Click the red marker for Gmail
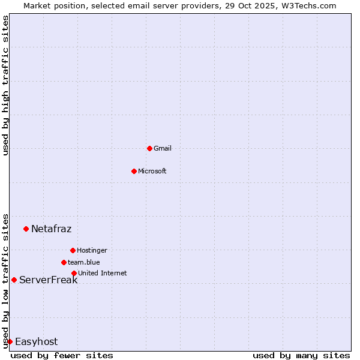149,148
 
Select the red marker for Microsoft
134,171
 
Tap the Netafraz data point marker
26,229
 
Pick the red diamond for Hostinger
73,250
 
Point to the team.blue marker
64,262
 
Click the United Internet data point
74,273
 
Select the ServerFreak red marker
14,280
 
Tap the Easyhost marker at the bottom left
10,341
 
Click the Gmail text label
163,148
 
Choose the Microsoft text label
152,171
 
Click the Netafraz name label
51,229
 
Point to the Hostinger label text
92,250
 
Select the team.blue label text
84,262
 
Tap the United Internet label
102,273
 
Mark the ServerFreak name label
48,280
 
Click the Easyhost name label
36,341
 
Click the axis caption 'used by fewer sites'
62,355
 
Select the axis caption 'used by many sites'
301,355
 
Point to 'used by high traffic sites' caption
5,85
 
